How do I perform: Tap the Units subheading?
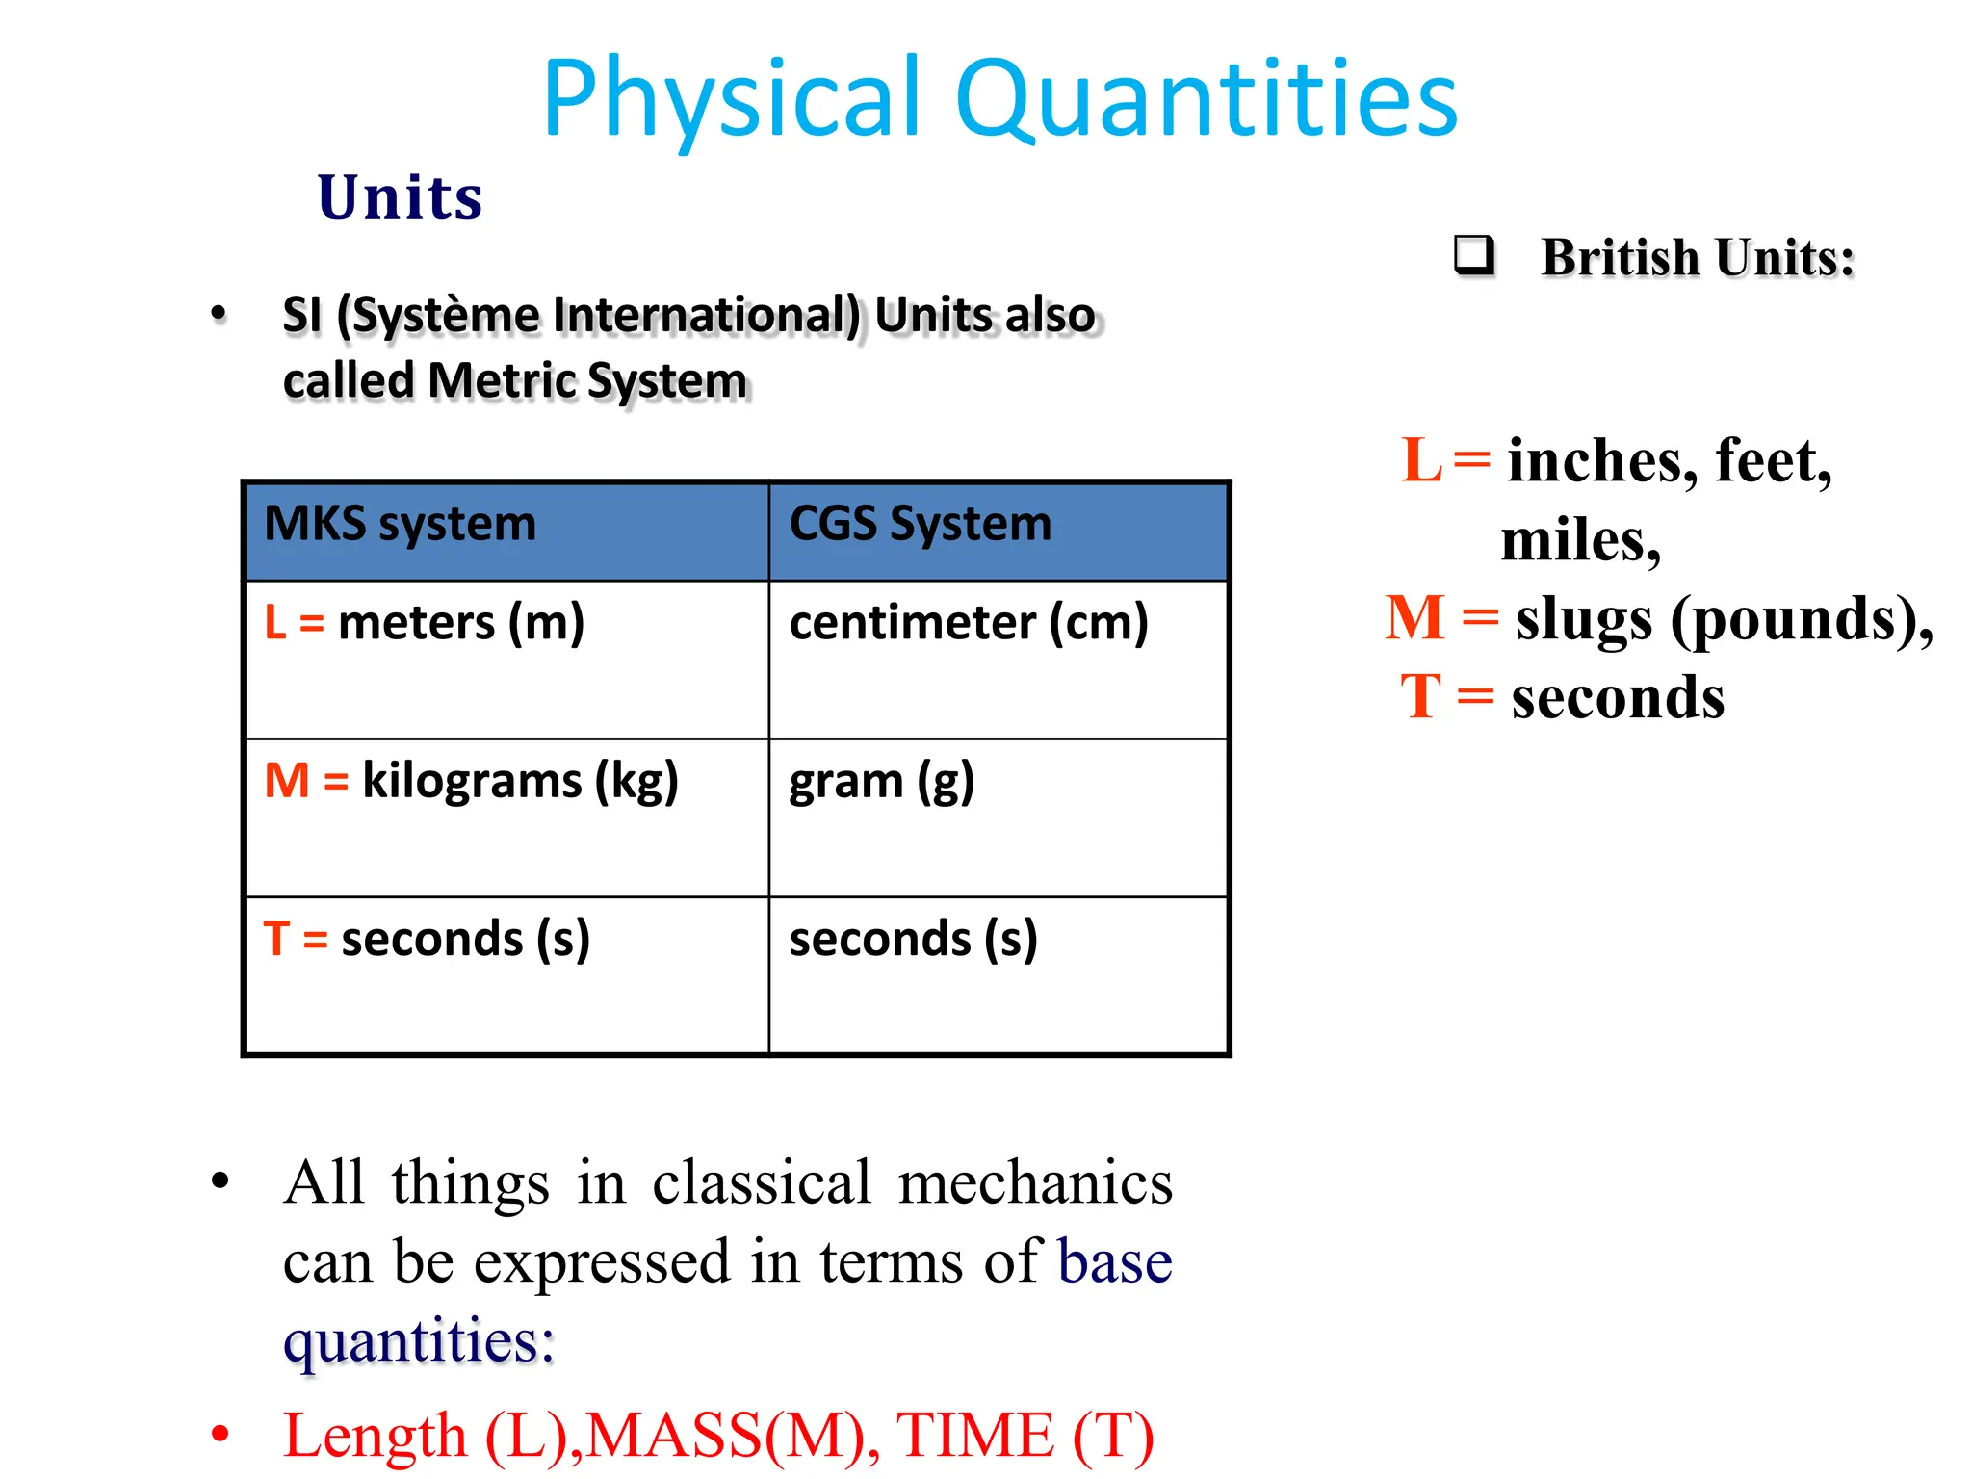tap(400, 197)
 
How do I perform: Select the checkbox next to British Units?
tap(1474, 255)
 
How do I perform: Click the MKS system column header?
tap(400, 525)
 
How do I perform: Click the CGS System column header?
tap(920, 525)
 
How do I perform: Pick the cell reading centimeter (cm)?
tap(968, 623)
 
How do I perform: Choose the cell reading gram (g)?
tap(881, 781)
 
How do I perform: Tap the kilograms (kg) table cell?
tap(520, 781)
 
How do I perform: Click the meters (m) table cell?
tap(460, 623)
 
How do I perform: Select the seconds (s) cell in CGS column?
tap(913, 939)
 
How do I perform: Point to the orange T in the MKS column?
tap(276, 939)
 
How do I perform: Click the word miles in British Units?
tap(1579, 540)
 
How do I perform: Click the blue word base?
tap(1114, 1261)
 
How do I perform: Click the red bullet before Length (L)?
tap(221, 1434)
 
